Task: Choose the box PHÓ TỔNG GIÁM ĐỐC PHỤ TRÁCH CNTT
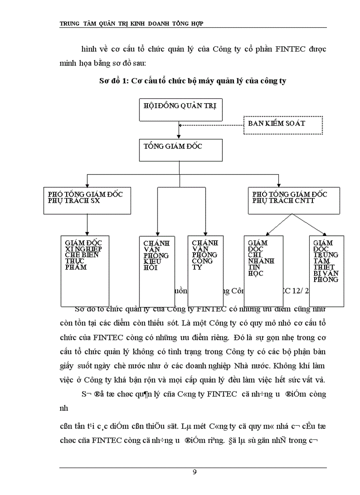coord(294,200)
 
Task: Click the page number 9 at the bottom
coord(195,473)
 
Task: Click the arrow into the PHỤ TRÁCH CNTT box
coord(278,181)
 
